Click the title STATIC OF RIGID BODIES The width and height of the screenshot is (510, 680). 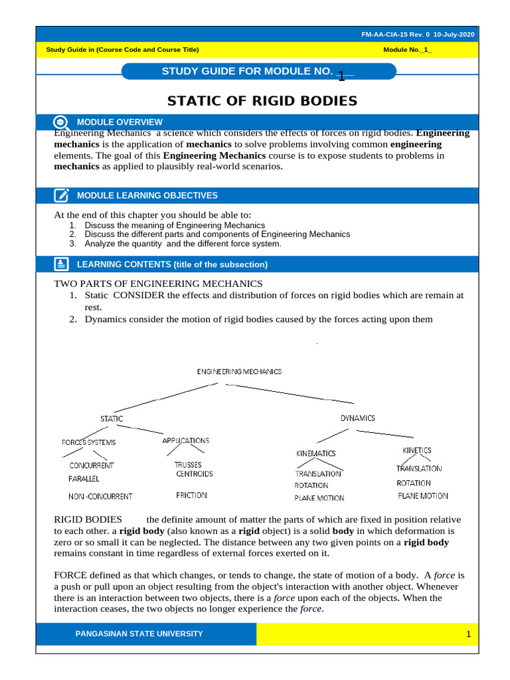tap(262, 101)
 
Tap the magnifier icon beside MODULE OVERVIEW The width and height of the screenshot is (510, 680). tap(61, 122)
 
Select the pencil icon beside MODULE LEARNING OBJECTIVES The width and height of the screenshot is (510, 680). tap(61, 195)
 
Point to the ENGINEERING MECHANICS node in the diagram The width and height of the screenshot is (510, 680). tap(239, 372)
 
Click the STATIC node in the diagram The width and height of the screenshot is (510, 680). tap(112, 419)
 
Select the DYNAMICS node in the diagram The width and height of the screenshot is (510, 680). tap(357, 418)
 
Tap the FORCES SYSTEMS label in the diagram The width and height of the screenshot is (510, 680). tap(89, 442)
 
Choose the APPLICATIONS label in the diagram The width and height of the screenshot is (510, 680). tap(186, 440)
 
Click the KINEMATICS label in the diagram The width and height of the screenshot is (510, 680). tap(316, 454)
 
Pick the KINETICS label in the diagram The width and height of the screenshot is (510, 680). tap(417, 450)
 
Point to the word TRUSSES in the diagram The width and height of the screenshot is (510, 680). tap(188, 465)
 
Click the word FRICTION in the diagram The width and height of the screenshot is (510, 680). tap(191, 495)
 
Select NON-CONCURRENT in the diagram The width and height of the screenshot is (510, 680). tap(100, 496)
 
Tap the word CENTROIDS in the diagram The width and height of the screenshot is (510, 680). tap(195, 474)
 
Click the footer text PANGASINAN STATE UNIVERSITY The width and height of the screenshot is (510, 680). tap(139, 634)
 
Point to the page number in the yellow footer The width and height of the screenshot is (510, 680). tap(467, 635)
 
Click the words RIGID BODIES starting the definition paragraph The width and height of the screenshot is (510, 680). tap(88, 519)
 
